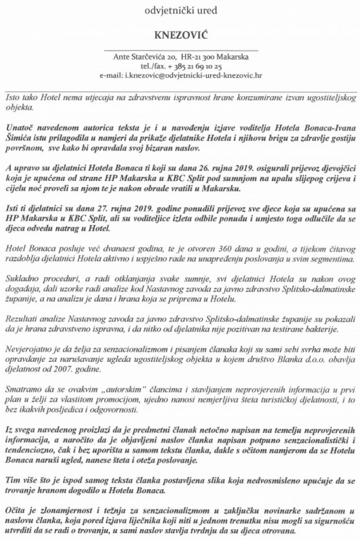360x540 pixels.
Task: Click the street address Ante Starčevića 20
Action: click(144, 58)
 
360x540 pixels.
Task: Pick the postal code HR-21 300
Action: click(198, 58)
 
